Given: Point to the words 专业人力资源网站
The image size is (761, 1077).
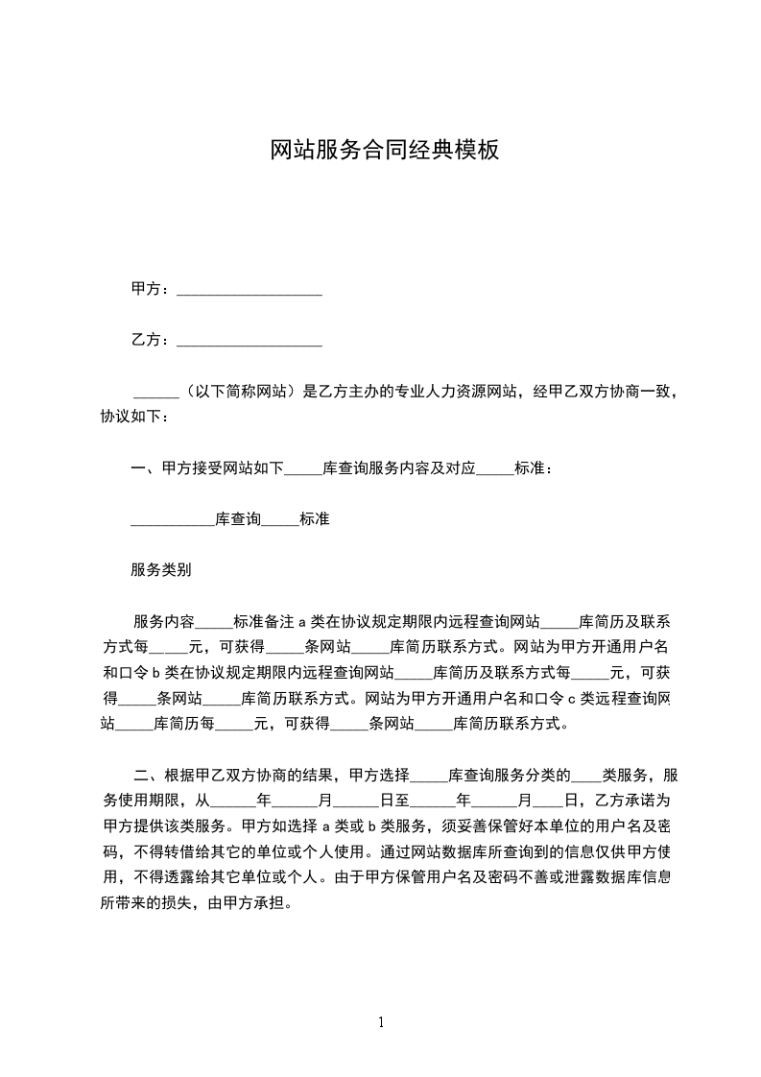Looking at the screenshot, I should (x=437, y=391).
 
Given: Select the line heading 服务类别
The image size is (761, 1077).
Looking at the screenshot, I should (x=161, y=569).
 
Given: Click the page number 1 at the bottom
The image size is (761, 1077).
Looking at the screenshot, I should (x=381, y=1022).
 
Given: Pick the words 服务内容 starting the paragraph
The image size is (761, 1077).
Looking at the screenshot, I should (x=163, y=620).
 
